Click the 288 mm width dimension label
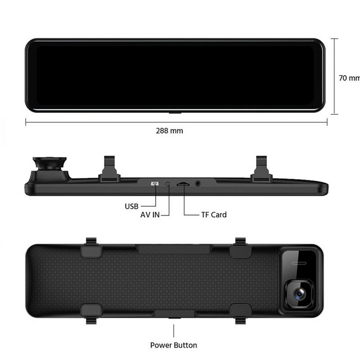tap(170, 131)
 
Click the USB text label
tap(131, 207)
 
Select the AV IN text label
tap(150, 215)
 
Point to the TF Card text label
tap(214, 215)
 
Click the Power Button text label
tap(174, 345)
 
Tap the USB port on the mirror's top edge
tap(154, 184)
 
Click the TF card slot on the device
tap(183, 184)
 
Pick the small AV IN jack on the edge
tap(168, 184)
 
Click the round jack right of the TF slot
tap(198, 184)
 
